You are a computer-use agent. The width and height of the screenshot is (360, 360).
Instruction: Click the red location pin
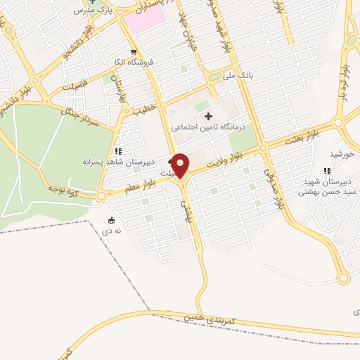pos(181,165)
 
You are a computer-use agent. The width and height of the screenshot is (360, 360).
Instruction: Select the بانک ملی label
pos(236,75)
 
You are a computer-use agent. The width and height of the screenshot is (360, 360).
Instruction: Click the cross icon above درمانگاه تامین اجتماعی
pos(207,115)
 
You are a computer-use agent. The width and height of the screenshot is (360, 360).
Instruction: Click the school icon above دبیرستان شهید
pos(326,171)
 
